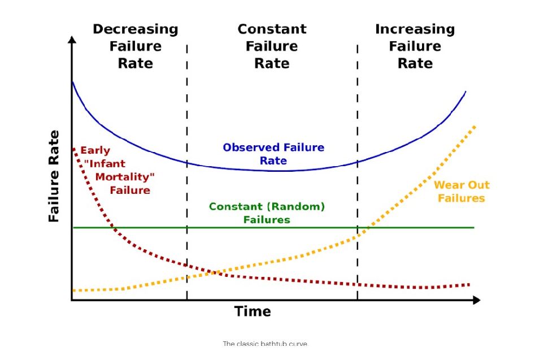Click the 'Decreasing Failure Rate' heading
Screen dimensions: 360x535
(x=135, y=46)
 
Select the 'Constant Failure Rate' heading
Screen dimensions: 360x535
(x=272, y=46)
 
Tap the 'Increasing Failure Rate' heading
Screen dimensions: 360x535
(x=415, y=46)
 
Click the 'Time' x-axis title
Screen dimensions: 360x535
(x=253, y=311)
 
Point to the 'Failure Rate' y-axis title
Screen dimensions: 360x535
(x=54, y=176)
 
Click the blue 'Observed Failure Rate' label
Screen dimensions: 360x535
(x=273, y=154)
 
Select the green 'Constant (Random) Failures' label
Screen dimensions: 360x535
(x=267, y=212)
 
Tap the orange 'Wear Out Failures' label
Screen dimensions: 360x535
(x=461, y=192)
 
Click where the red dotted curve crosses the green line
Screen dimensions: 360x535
(x=114, y=227)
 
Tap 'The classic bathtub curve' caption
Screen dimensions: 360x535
(x=266, y=344)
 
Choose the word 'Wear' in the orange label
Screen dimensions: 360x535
(x=446, y=185)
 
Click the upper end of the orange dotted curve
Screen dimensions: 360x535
(x=475, y=127)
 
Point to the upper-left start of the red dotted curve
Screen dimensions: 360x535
(x=74, y=149)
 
